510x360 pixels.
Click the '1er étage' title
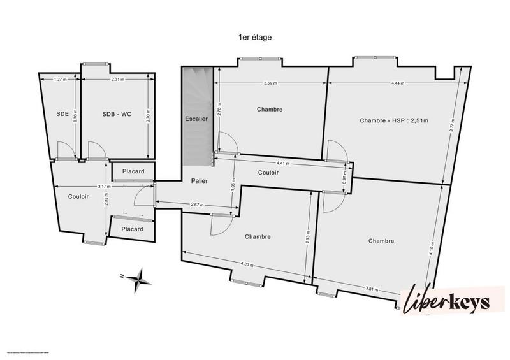pyautogui.click(x=254, y=38)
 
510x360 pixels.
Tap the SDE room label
pyautogui.click(x=62, y=114)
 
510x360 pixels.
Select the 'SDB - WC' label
pyautogui.click(x=117, y=114)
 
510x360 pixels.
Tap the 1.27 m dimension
pyautogui.click(x=61, y=80)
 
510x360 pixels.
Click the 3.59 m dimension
pyautogui.click(x=272, y=83)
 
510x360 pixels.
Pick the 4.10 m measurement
pyautogui.click(x=432, y=248)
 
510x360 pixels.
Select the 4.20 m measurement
pyautogui.click(x=247, y=265)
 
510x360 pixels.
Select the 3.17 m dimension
pyautogui.click(x=102, y=186)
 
